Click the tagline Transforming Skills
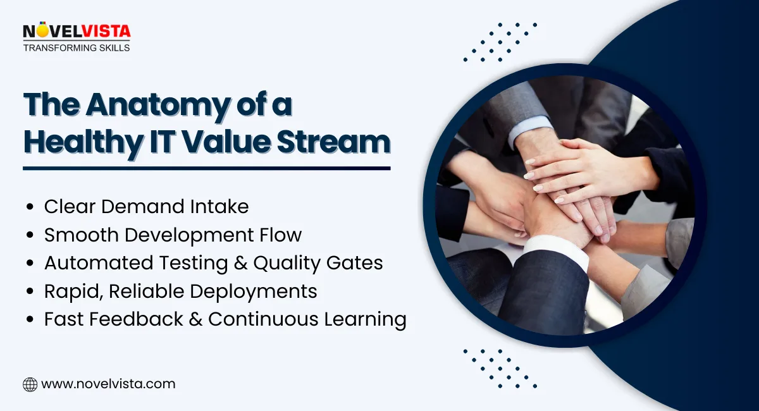pyautogui.click(x=76, y=48)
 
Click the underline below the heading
pyautogui.click(x=206, y=168)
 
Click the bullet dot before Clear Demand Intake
pyautogui.click(x=30, y=207)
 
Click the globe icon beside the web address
pyautogui.click(x=30, y=384)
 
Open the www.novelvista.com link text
pyautogui.click(x=108, y=384)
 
